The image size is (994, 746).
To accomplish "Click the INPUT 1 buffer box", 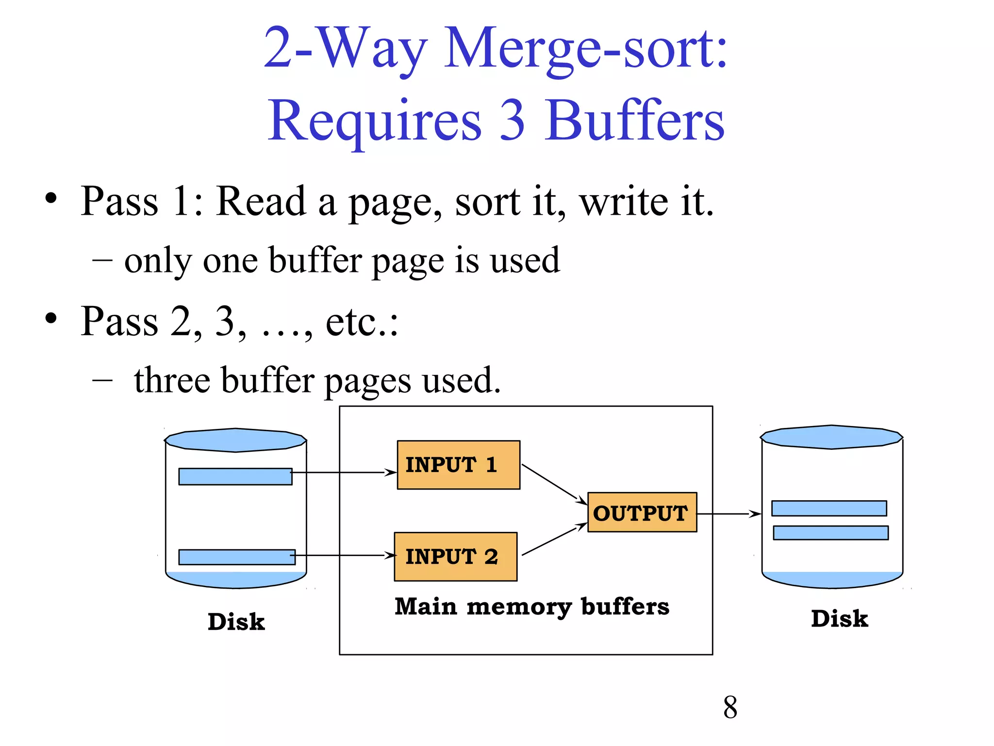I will pyautogui.click(x=458, y=465).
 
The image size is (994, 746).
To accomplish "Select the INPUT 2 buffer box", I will pyautogui.click(x=455, y=557).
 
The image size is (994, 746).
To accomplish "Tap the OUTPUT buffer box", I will pyautogui.click(x=642, y=512).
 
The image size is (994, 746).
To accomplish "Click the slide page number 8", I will pyautogui.click(x=730, y=708).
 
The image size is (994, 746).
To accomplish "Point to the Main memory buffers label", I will pyautogui.click(x=532, y=607).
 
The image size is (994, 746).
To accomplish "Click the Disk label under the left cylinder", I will pyautogui.click(x=236, y=622).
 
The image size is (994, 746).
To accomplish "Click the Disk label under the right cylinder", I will pyautogui.click(x=839, y=619).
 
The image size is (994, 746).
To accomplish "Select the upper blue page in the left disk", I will pyautogui.click(x=235, y=476).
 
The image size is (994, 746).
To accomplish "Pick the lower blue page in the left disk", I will pyautogui.click(x=236, y=557).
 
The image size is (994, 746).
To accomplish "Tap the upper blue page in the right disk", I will pyautogui.click(x=828, y=509).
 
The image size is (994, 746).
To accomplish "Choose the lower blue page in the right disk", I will pyautogui.click(x=830, y=533).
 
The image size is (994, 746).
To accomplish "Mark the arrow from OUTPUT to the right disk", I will pyautogui.click(x=728, y=514).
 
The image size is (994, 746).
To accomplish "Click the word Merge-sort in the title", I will pyautogui.click(x=585, y=49).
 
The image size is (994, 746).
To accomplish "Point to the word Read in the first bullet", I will pyautogui.click(x=261, y=201).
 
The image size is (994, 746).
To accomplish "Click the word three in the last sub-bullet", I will pyautogui.click(x=172, y=380).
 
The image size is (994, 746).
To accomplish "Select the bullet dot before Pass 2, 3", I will pyautogui.click(x=51, y=319).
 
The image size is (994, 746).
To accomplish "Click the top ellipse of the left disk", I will pyautogui.click(x=235, y=440).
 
